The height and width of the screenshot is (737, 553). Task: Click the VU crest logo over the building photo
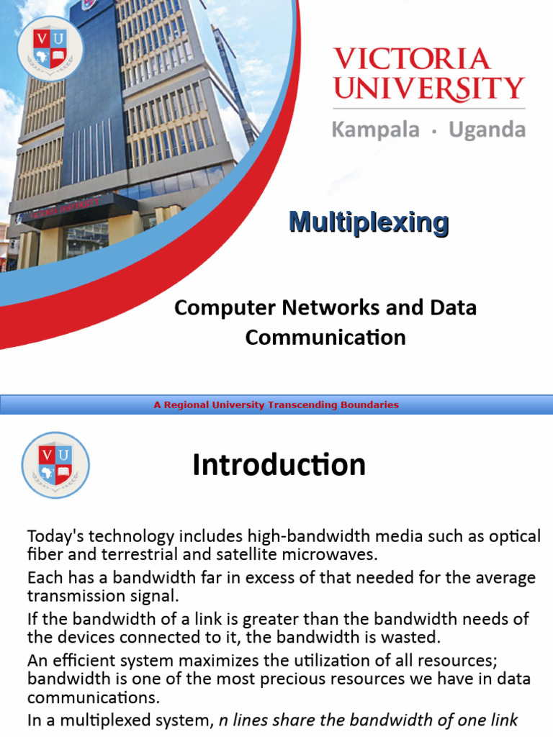(50, 48)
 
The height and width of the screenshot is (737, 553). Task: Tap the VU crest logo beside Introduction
(55, 465)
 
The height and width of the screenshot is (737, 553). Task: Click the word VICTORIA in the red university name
(412, 59)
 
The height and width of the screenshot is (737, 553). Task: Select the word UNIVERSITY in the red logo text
(429, 89)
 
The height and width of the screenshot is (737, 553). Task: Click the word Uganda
(487, 130)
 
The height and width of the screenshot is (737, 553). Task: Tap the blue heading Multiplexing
(369, 222)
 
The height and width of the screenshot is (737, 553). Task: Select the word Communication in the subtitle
(325, 337)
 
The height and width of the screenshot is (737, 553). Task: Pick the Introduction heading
(279, 465)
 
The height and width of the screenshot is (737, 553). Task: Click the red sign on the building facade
(61, 209)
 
